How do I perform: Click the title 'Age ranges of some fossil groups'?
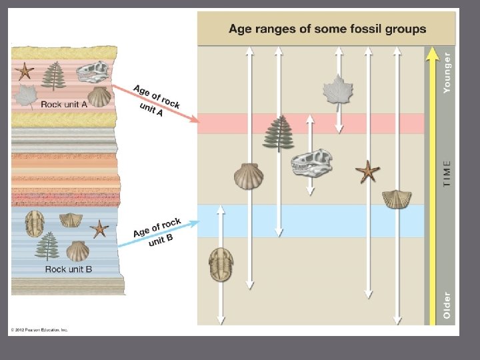(x=327, y=29)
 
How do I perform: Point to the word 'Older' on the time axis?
(x=447, y=305)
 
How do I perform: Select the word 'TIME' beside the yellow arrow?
(x=447, y=173)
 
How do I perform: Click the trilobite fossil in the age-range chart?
(x=221, y=263)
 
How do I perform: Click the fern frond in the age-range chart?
(x=278, y=133)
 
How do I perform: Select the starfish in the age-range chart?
(x=367, y=171)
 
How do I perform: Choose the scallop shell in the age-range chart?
(x=248, y=176)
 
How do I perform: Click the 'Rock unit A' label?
(x=65, y=104)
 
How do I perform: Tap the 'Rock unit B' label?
(x=69, y=269)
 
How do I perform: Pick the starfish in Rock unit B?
(x=99, y=229)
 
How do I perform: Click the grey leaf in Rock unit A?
(x=26, y=96)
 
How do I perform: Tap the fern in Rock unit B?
(x=47, y=246)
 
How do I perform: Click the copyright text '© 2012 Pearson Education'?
(x=39, y=329)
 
